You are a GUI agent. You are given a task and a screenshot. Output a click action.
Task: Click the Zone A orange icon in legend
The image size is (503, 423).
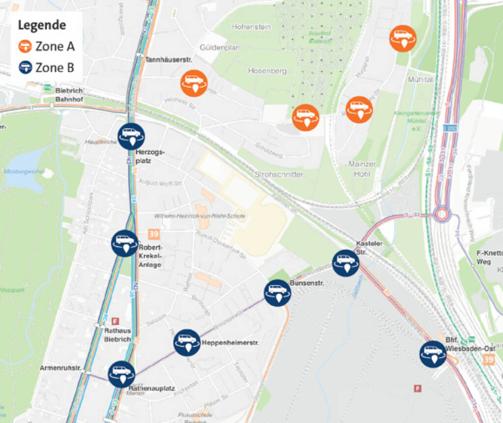click(25, 47)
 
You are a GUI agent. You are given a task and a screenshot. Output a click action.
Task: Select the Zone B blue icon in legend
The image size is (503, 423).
click(25, 67)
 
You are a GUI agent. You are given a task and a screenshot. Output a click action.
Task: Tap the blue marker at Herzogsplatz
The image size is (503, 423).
click(131, 136)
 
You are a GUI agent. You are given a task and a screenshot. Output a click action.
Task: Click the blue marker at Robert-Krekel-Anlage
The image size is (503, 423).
click(125, 243)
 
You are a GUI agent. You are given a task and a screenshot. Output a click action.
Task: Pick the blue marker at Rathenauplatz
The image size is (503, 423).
click(121, 374)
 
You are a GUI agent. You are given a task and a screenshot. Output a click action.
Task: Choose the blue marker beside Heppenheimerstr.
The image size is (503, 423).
click(187, 342)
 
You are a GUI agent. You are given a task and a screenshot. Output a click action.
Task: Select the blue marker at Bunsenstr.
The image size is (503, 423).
click(278, 293)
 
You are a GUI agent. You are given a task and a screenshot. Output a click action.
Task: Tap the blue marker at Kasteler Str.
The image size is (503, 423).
click(346, 263)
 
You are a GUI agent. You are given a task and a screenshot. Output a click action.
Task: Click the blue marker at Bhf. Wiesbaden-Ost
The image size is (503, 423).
click(433, 354)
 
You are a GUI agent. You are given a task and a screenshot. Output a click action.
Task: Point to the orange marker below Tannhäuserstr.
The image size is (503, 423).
click(194, 83)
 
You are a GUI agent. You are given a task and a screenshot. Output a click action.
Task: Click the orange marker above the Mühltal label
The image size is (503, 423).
click(403, 38)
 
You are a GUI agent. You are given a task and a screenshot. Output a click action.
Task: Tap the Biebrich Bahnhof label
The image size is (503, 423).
click(69, 95)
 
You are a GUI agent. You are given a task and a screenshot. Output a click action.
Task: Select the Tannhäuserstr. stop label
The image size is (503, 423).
click(168, 59)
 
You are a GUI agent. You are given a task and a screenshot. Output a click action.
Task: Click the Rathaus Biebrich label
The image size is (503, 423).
click(117, 335)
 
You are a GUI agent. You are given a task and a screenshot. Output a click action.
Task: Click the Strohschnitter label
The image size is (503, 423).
click(279, 175)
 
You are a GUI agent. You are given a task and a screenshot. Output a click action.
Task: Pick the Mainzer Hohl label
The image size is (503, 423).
click(362, 168)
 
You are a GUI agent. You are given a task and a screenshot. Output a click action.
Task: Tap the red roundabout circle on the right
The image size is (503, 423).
click(442, 214)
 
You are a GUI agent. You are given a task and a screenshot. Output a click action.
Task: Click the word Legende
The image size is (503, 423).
click(42, 25)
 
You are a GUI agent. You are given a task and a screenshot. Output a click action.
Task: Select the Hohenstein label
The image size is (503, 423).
click(251, 27)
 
